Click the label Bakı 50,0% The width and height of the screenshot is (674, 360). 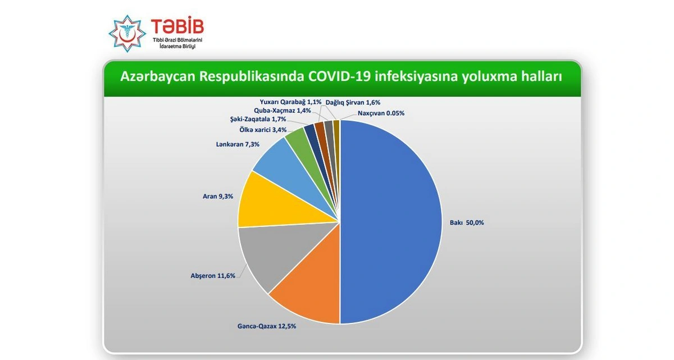pyautogui.click(x=467, y=222)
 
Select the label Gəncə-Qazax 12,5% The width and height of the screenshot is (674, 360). pyautogui.click(x=267, y=326)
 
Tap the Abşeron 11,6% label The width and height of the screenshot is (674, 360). pyautogui.click(x=213, y=276)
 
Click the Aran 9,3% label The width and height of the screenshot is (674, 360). pyautogui.click(x=218, y=197)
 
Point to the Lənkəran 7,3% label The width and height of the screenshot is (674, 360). pyautogui.click(x=238, y=144)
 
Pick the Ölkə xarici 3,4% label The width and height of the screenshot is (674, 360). pyautogui.click(x=263, y=130)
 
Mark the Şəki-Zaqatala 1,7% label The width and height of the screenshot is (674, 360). pyautogui.click(x=258, y=119)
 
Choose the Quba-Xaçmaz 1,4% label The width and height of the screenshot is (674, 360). pyautogui.click(x=282, y=111)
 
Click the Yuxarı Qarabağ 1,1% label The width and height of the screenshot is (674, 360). pyautogui.click(x=291, y=102)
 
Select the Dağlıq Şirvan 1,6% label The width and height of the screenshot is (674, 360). pyautogui.click(x=353, y=103)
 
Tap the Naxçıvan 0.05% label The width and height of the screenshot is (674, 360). pyautogui.click(x=381, y=113)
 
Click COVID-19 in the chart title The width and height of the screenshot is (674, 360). pyautogui.click(x=340, y=76)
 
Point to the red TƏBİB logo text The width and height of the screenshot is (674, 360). pyautogui.click(x=177, y=26)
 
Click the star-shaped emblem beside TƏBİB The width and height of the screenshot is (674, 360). pyautogui.click(x=127, y=34)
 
